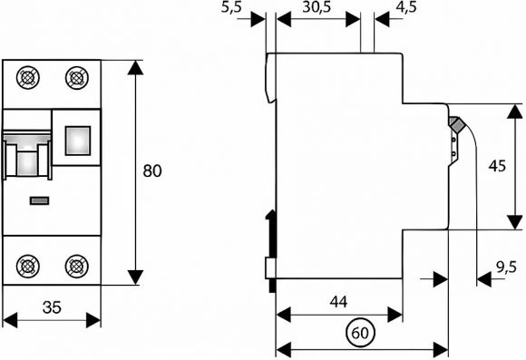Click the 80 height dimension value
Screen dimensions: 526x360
point(152,170)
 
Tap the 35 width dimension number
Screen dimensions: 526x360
point(53,307)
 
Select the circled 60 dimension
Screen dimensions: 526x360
point(360,333)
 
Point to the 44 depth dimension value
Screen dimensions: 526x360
point(339,302)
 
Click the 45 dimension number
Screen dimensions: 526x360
point(497,166)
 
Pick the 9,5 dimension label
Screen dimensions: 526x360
point(506,268)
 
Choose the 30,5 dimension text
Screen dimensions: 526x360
point(317,7)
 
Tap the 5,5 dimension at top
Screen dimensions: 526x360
point(231,7)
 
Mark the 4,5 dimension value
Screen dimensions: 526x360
point(406,7)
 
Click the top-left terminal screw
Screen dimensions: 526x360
point(28,78)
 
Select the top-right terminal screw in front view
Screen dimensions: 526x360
point(77,78)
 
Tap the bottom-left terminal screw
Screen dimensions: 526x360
point(28,267)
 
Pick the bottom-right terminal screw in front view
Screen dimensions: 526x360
point(77,267)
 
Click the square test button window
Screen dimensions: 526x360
point(78,141)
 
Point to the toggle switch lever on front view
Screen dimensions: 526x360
point(27,158)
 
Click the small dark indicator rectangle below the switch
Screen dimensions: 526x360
point(40,200)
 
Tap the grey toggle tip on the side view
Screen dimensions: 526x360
point(455,124)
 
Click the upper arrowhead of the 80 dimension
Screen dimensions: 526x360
point(135,67)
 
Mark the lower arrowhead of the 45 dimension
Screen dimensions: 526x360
point(514,222)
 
